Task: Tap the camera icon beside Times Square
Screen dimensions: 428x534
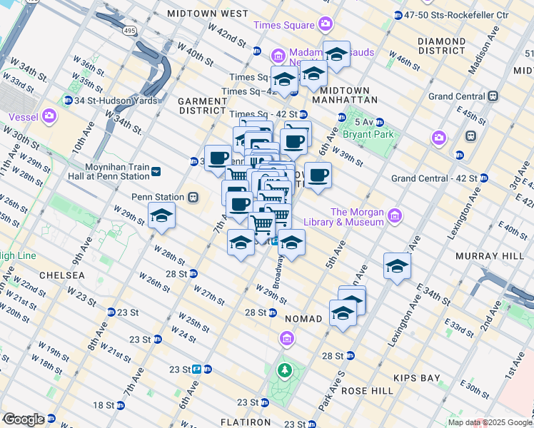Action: pyautogui.click(x=326, y=25)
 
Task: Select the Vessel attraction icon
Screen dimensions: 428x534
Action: pyautogui.click(x=49, y=115)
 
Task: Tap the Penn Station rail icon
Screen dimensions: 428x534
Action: pyautogui.click(x=192, y=197)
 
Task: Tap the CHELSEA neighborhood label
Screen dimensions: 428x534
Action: pyautogui.click(x=62, y=275)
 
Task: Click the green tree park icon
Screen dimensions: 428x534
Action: pyautogui.click(x=286, y=370)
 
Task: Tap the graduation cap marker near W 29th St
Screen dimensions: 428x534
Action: pyautogui.click(x=162, y=216)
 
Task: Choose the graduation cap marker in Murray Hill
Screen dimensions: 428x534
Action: pyautogui.click(x=397, y=266)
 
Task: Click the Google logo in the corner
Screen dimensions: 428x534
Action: pyautogui.click(x=24, y=419)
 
